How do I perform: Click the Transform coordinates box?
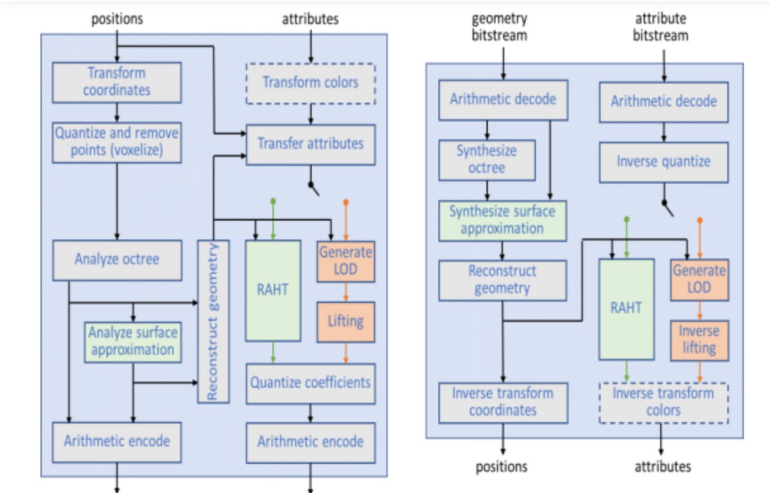coord(116,82)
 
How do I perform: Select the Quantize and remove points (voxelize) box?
coord(116,142)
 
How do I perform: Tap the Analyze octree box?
coord(116,260)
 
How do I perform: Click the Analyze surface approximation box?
coord(132,341)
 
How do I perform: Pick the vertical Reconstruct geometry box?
coord(213,321)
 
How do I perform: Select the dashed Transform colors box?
coord(310,82)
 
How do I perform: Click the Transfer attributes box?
coord(310,144)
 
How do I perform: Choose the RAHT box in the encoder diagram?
coord(272,290)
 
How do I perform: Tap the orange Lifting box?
coord(345,321)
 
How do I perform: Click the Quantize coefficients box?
coord(310,383)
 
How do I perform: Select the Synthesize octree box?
coord(486,159)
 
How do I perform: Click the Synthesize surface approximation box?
coord(502,220)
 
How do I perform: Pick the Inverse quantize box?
coord(663,161)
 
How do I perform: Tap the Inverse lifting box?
coord(699,340)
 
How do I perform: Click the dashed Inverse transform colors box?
coord(663,402)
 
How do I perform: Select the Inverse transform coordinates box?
coord(502,402)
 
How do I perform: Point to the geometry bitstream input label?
coord(500,27)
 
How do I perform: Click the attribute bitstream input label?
coord(660,27)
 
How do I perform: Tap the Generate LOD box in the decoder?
coord(699,280)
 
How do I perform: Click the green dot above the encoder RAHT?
coord(273,201)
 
